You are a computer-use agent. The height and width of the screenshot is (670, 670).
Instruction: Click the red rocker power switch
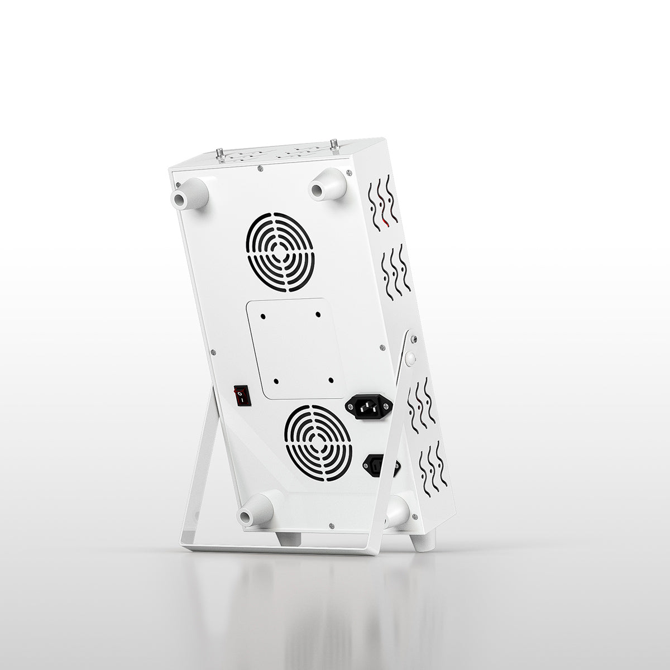tap(242, 395)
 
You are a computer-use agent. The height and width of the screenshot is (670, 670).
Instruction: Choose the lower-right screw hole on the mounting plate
tap(331, 380)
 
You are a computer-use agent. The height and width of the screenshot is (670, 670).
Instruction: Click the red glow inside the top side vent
tap(385, 224)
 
